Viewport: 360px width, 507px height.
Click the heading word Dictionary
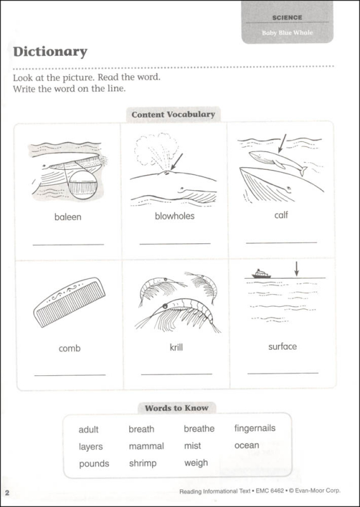tap(50, 52)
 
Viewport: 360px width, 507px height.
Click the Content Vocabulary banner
tap(173, 115)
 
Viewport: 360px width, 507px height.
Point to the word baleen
tap(68, 217)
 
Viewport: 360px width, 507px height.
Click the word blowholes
tap(174, 216)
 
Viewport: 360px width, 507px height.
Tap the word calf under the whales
tap(281, 215)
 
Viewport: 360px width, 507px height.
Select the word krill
tap(176, 347)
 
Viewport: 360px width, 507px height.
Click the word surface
tap(282, 347)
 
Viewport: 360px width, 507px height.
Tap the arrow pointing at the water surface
tap(295, 268)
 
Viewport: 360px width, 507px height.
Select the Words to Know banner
tap(176, 408)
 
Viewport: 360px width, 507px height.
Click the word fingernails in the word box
tap(255, 428)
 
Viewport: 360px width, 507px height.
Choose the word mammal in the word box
tap(146, 446)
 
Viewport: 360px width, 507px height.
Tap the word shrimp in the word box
tap(143, 463)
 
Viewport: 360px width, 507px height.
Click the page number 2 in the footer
tap(7, 493)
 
